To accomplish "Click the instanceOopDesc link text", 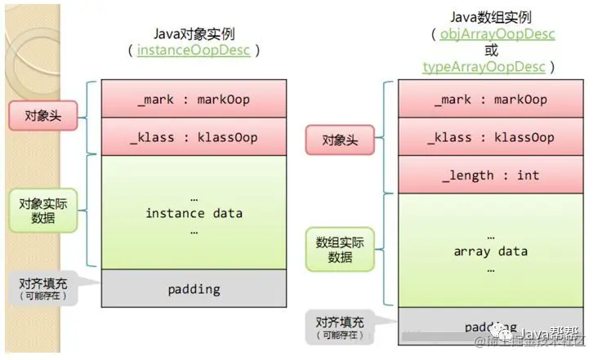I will pyautogui.click(x=194, y=51).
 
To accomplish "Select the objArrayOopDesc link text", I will pyautogui.click(x=497, y=34).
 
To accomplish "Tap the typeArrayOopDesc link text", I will pyautogui.click(x=485, y=66).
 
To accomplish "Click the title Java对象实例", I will pyautogui.click(x=194, y=33).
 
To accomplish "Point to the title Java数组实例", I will pyautogui.click(x=490, y=17).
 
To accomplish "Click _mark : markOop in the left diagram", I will pyautogui.click(x=194, y=99).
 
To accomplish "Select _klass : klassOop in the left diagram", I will pyautogui.click(x=194, y=136).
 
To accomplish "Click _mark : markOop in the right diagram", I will pyautogui.click(x=490, y=99).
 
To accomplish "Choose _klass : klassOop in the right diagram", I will pyautogui.click(x=490, y=136).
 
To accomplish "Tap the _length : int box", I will pyautogui.click(x=490, y=175).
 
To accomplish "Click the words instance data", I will pyautogui.click(x=194, y=213).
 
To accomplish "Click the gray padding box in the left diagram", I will pyautogui.click(x=194, y=288).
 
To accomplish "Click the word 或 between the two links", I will pyautogui.click(x=490, y=51).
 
